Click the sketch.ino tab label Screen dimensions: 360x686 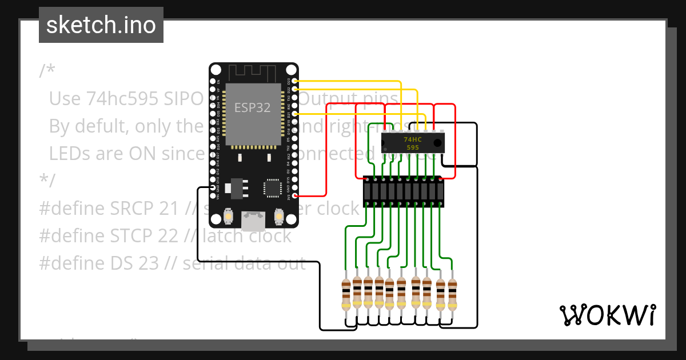[x=101, y=26]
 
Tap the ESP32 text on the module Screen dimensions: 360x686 [x=253, y=107]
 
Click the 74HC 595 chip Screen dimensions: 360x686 [x=413, y=143]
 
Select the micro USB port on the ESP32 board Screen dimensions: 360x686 [x=253, y=220]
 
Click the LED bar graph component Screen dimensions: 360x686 [x=404, y=191]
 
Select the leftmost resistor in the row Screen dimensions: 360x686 [x=346, y=294]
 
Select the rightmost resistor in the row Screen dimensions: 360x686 [x=452, y=294]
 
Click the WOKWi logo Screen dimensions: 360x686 [x=607, y=315]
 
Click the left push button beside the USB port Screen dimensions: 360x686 [x=228, y=217]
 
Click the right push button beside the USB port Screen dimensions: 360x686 [x=280, y=217]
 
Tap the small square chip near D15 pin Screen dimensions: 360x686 [x=272, y=187]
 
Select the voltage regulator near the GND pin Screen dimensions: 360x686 [x=237, y=187]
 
